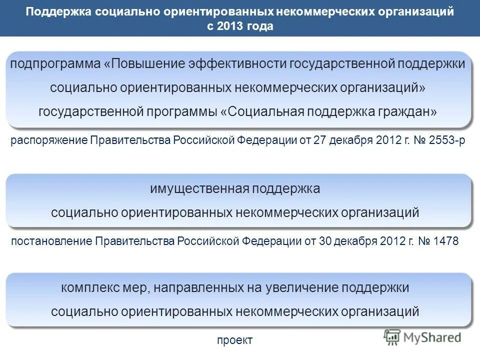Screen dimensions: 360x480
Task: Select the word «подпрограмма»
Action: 56,64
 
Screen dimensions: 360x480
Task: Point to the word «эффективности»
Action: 229,64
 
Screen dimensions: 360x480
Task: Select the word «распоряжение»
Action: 49,140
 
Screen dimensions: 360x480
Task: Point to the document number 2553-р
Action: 446,140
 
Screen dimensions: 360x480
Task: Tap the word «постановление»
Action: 51,241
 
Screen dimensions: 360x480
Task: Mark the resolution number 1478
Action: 446,241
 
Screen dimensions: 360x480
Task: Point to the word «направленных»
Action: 193,288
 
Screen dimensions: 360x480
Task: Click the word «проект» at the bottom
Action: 235,340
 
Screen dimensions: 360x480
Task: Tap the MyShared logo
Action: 423,337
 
